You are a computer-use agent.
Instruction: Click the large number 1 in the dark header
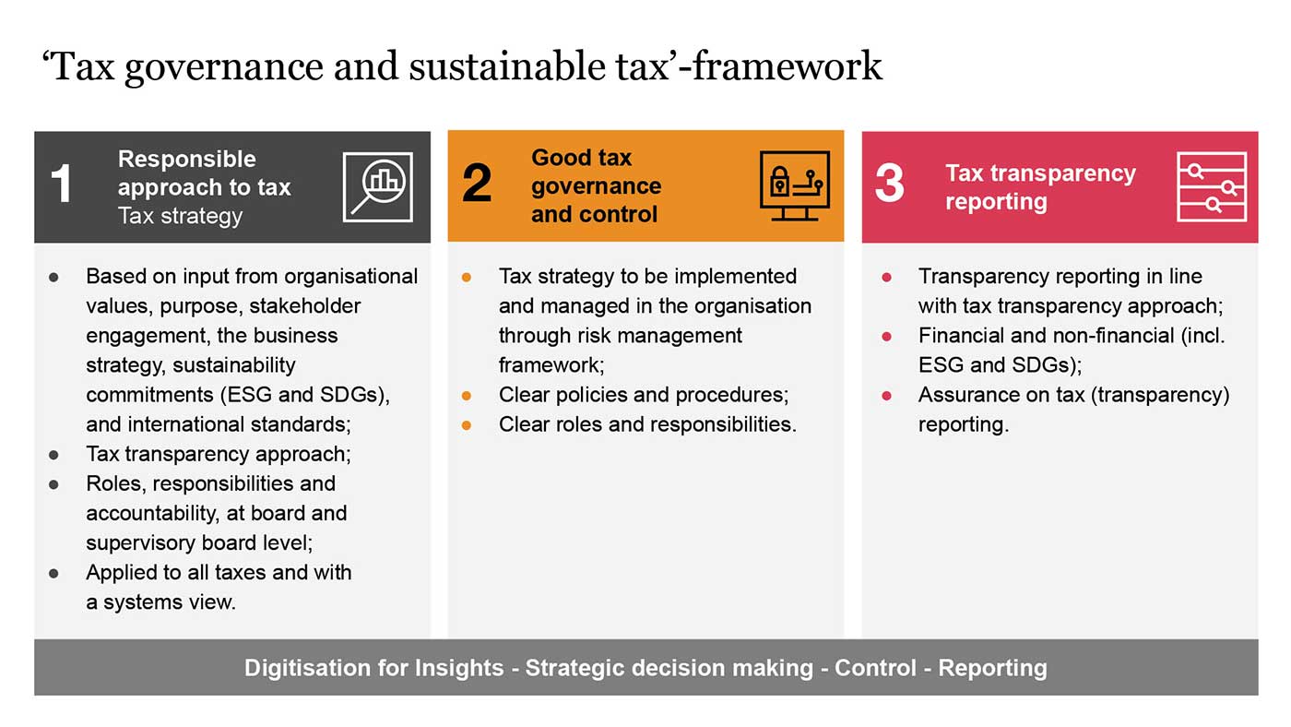(61, 185)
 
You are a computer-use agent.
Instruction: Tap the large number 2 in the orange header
(477, 185)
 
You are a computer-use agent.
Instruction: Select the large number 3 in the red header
(890, 185)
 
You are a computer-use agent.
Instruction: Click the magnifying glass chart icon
(378, 186)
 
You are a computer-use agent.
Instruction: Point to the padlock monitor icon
(794, 186)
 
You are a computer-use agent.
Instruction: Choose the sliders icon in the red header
(1212, 186)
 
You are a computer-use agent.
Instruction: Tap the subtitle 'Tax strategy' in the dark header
(180, 216)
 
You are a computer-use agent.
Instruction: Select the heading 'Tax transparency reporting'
(1040, 187)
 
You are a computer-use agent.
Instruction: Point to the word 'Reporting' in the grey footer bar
(992, 668)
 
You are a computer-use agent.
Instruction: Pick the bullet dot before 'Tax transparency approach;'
(53, 454)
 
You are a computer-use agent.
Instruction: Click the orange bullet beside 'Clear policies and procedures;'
(467, 395)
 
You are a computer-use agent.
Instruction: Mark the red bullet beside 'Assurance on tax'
(887, 395)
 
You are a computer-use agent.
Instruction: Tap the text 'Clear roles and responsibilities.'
(647, 424)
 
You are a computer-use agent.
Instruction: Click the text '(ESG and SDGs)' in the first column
(305, 395)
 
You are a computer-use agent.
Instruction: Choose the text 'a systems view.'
(161, 602)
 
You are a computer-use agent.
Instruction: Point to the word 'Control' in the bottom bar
(875, 668)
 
